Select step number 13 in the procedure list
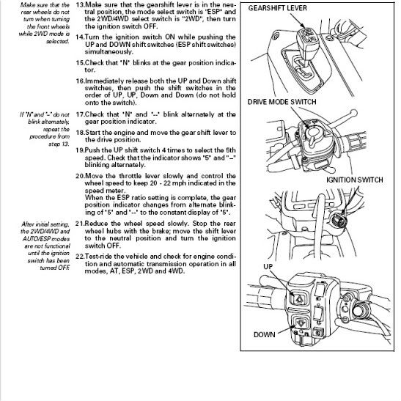[x=80, y=5]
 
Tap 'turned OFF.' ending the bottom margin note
[x=56, y=268]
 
